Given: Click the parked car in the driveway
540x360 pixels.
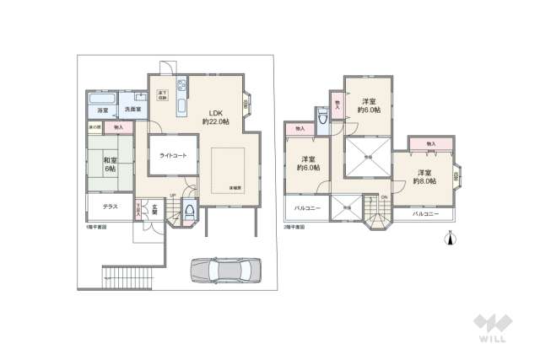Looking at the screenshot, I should click(x=225, y=270).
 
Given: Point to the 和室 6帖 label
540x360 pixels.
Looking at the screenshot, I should click(x=110, y=164).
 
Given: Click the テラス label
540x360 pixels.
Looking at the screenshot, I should click(x=110, y=207).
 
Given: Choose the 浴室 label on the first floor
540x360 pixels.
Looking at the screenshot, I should click(x=102, y=110).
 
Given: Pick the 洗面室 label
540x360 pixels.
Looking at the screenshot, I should click(x=132, y=110).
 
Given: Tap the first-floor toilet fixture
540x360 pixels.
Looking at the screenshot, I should click(x=189, y=212).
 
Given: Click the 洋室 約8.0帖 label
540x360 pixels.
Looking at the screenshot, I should click(x=425, y=178).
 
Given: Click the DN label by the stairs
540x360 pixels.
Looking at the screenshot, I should click(x=384, y=198).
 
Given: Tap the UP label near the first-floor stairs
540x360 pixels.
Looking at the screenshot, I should click(x=172, y=196).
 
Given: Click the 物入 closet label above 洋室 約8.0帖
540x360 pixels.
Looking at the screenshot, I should click(x=430, y=145).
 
